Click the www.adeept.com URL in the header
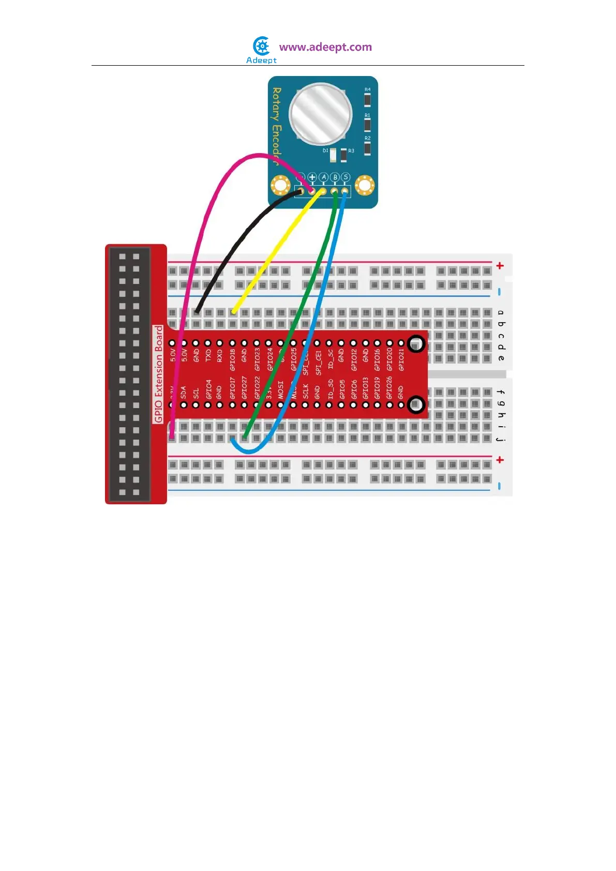click(325, 47)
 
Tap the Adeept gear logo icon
click(262, 46)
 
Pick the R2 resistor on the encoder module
click(367, 148)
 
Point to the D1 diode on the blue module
click(333, 154)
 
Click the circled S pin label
click(345, 177)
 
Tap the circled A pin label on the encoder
click(324, 177)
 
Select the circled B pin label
click(335, 177)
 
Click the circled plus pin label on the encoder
click(312, 177)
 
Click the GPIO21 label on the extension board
click(401, 359)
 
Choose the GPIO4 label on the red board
click(208, 389)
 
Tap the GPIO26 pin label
click(389, 387)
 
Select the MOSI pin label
click(281, 389)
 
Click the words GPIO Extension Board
click(159, 374)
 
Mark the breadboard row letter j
click(500, 439)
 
